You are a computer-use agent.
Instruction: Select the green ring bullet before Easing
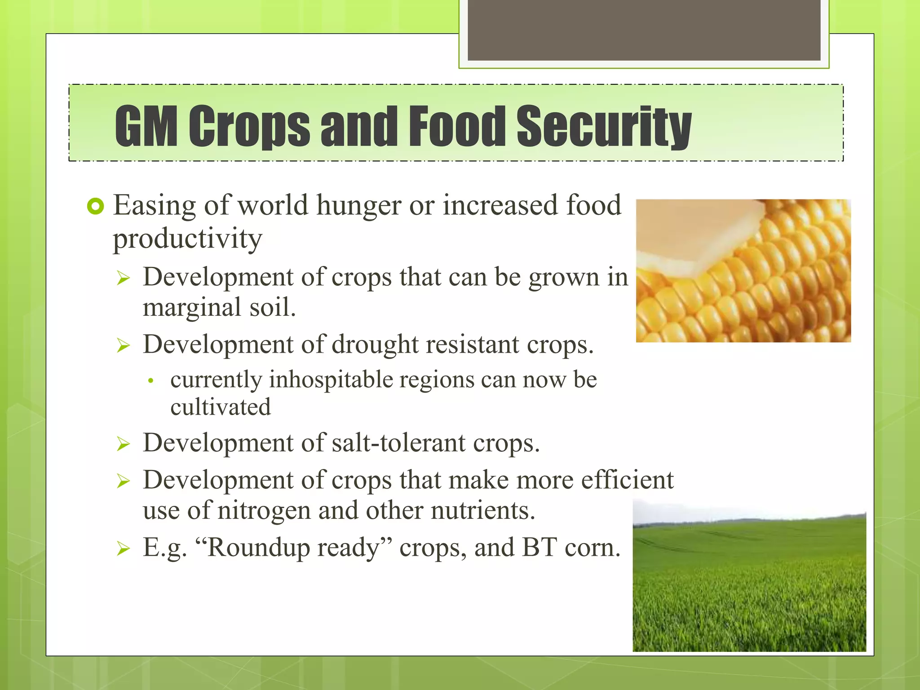95,206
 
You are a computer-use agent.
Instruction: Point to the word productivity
187,239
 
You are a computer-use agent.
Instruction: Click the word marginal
192,308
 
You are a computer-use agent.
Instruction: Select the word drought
375,345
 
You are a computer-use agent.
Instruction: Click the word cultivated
221,407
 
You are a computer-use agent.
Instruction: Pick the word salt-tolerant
398,443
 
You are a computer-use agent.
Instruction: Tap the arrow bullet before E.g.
123,548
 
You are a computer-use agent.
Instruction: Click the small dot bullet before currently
151,381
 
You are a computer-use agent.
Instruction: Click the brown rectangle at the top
644,30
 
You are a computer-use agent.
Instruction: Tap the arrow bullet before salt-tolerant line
123,444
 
